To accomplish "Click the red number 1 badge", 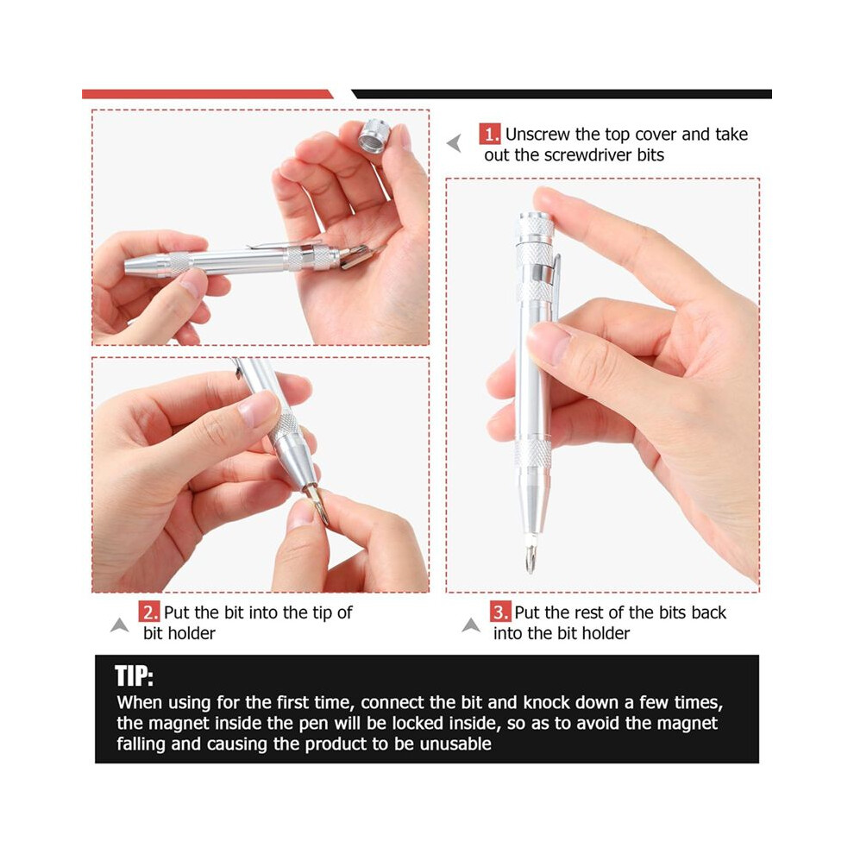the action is (490, 134).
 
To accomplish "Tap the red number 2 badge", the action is (148, 612).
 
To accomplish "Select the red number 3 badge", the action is (499, 612).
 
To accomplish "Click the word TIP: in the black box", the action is (134, 676).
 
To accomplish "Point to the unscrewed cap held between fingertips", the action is (374, 136).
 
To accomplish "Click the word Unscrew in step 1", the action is (537, 134).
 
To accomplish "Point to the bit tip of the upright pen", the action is (530, 558).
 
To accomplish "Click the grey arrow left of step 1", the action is (455, 143).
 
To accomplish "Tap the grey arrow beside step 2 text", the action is (120, 625).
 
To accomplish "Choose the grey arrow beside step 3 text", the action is (471, 625).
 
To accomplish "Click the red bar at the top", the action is (207, 94).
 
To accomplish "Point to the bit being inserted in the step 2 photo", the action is (317, 503).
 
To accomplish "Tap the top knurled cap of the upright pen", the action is (535, 228).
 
